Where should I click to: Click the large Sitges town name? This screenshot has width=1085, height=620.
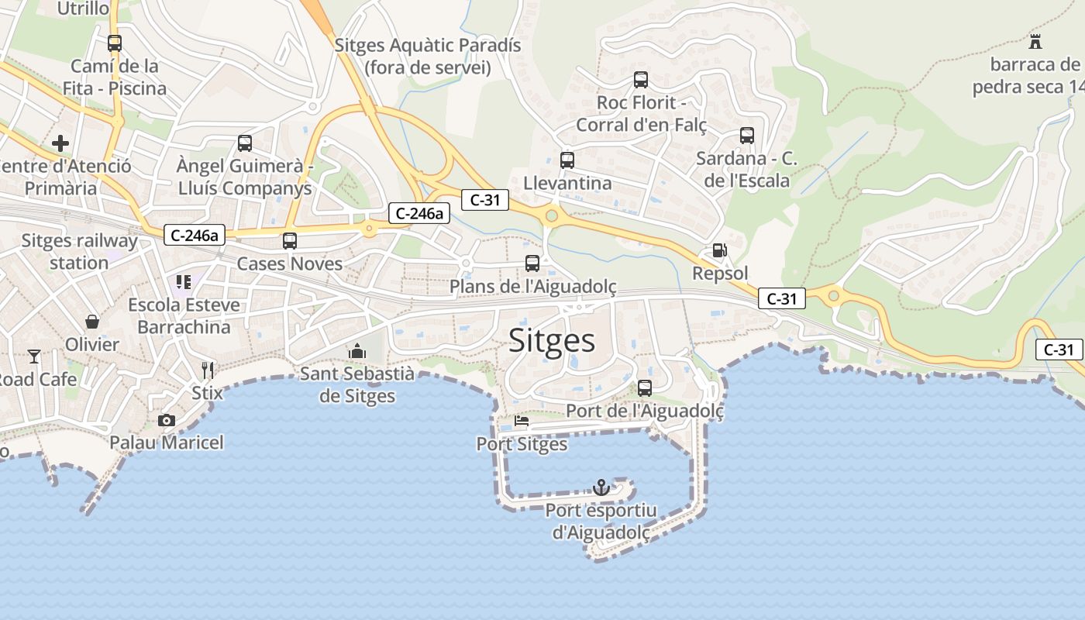tap(552, 341)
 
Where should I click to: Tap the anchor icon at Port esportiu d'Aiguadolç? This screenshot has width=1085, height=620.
tap(601, 487)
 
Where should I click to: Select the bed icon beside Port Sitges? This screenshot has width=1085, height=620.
tap(522, 422)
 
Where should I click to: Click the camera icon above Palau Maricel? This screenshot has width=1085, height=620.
tap(166, 420)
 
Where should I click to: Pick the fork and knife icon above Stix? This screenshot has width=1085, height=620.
tap(207, 370)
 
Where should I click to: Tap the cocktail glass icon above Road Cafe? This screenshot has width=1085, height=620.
tap(34, 356)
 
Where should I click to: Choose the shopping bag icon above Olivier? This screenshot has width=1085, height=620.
tap(92, 321)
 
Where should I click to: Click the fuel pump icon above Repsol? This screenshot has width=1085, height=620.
tap(720, 250)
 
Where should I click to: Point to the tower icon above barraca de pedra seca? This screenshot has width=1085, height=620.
tap(1035, 41)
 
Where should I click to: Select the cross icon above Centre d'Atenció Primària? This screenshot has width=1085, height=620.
tap(60, 143)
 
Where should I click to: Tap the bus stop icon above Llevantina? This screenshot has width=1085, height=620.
tap(567, 160)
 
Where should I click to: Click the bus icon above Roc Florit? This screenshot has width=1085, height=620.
tap(641, 79)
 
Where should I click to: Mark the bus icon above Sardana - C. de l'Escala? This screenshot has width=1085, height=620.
tap(747, 136)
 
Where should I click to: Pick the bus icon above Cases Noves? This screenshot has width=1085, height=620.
tap(290, 240)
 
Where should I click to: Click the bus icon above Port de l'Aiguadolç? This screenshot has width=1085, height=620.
tap(645, 387)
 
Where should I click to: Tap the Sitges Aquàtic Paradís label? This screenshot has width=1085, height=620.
tap(428, 56)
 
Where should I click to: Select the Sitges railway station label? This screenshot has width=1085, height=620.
tap(79, 251)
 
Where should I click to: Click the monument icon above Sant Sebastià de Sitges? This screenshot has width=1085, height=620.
tap(356, 351)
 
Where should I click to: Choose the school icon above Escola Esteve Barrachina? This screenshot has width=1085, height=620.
tap(184, 282)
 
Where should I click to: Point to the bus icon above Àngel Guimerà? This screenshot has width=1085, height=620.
tap(245, 143)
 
